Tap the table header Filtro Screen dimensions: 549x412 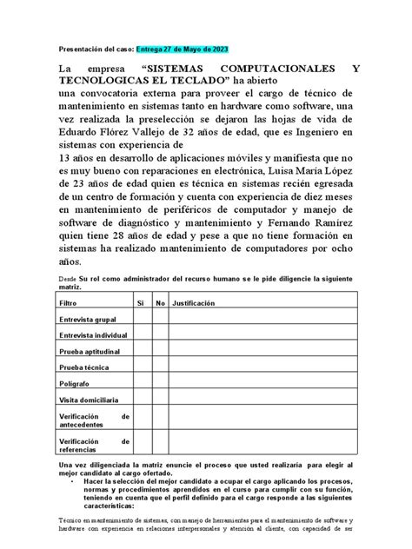pos(67,304)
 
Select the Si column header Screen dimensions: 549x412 pos(139,304)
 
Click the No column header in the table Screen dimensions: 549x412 pos(160,304)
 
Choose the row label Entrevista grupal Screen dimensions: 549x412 pos(88,320)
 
